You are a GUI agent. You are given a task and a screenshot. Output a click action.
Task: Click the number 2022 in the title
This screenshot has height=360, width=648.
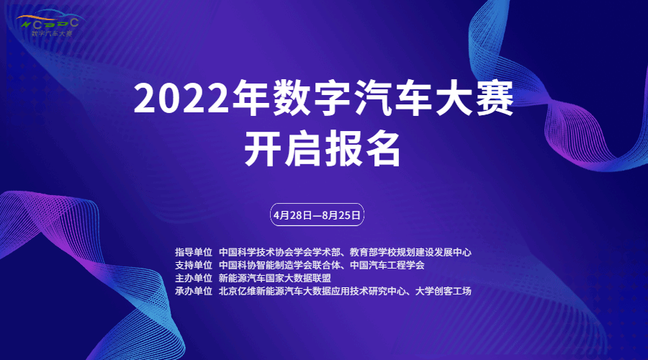click(181, 99)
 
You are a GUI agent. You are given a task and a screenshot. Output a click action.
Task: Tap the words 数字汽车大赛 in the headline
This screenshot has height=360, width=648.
click(393, 99)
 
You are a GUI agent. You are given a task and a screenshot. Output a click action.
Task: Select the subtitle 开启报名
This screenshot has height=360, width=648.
click(323, 149)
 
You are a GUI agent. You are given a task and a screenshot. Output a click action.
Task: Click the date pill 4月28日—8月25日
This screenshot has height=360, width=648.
click(317, 215)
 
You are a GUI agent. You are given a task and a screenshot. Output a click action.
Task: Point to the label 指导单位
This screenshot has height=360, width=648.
click(194, 252)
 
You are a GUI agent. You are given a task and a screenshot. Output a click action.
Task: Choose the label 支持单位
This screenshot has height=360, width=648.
click(194, 265)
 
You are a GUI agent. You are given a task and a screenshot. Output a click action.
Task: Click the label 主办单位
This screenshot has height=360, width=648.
click(194, 278)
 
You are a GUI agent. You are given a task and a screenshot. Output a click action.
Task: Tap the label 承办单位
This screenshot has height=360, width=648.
click(194, 291)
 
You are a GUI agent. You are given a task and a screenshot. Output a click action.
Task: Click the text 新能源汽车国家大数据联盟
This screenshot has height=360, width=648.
click(275, 278)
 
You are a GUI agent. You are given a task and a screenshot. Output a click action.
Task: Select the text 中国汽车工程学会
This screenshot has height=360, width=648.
click(387, 265)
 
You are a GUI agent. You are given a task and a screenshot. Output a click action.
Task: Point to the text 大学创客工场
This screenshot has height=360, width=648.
click(443, 291)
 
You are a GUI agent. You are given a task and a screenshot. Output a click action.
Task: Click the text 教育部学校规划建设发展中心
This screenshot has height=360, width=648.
click(410, 252)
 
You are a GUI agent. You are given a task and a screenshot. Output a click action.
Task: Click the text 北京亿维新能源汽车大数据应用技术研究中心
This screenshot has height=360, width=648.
click(312, 291)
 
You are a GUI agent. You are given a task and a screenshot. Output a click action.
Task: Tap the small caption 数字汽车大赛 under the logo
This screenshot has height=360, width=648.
click(52, 33)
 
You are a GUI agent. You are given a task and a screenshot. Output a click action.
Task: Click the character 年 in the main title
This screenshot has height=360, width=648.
click(250, 99)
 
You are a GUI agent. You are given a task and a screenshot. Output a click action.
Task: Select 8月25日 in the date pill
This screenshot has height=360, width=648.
click(341, 215)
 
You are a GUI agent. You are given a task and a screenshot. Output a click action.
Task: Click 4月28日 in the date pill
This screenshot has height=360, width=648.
click(292, 215)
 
